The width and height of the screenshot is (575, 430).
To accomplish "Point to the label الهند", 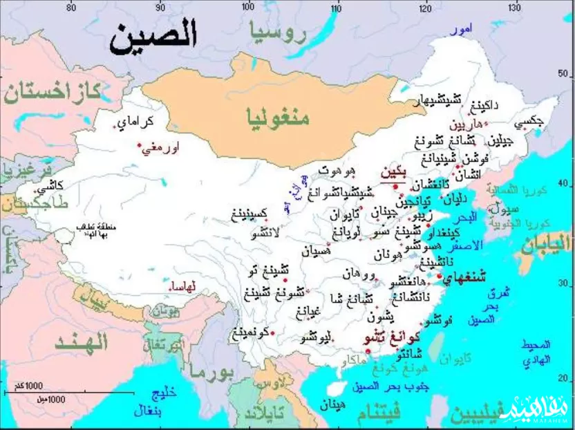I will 82,342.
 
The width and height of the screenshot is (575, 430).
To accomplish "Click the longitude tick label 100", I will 249,8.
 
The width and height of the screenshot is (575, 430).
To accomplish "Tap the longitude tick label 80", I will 70,8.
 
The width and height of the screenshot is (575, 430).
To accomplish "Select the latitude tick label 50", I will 567,75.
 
